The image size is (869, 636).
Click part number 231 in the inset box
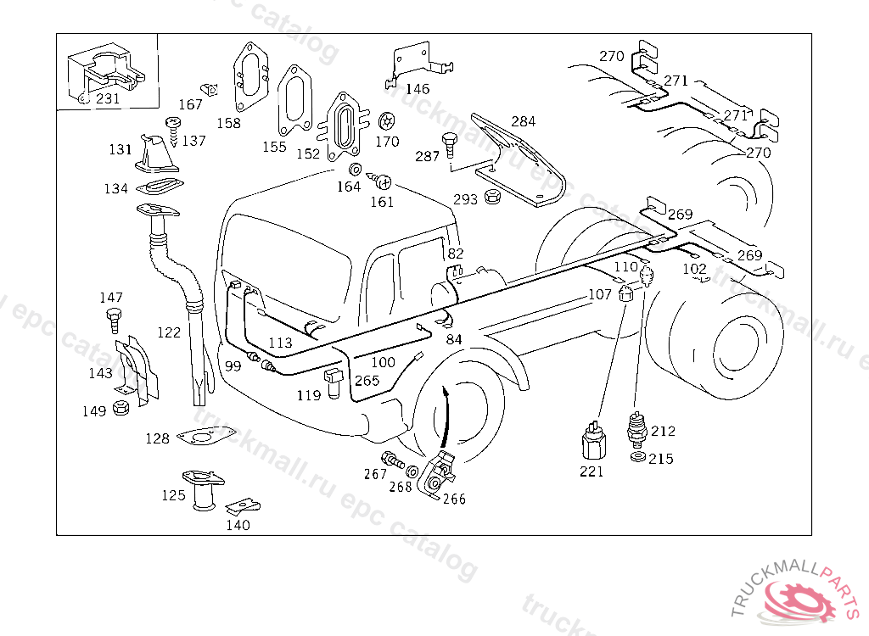108,98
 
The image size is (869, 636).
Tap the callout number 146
418,89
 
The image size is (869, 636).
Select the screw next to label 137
174,130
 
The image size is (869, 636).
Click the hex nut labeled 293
491,196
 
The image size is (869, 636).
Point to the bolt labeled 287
449,146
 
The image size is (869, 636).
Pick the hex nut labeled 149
121,408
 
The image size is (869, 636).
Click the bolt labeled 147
113,321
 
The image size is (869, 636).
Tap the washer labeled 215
638,457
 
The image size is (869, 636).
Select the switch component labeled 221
593,441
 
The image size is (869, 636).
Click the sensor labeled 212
636,431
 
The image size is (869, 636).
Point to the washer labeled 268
412,472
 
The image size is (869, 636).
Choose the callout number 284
523,121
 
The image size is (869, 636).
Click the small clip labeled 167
209,89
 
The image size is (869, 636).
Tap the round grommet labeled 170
387,121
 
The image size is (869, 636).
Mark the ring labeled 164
356,169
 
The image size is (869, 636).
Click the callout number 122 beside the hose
169,332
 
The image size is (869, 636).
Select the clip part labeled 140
244,505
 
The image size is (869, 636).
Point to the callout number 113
280,343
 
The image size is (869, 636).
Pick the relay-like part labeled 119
334,380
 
